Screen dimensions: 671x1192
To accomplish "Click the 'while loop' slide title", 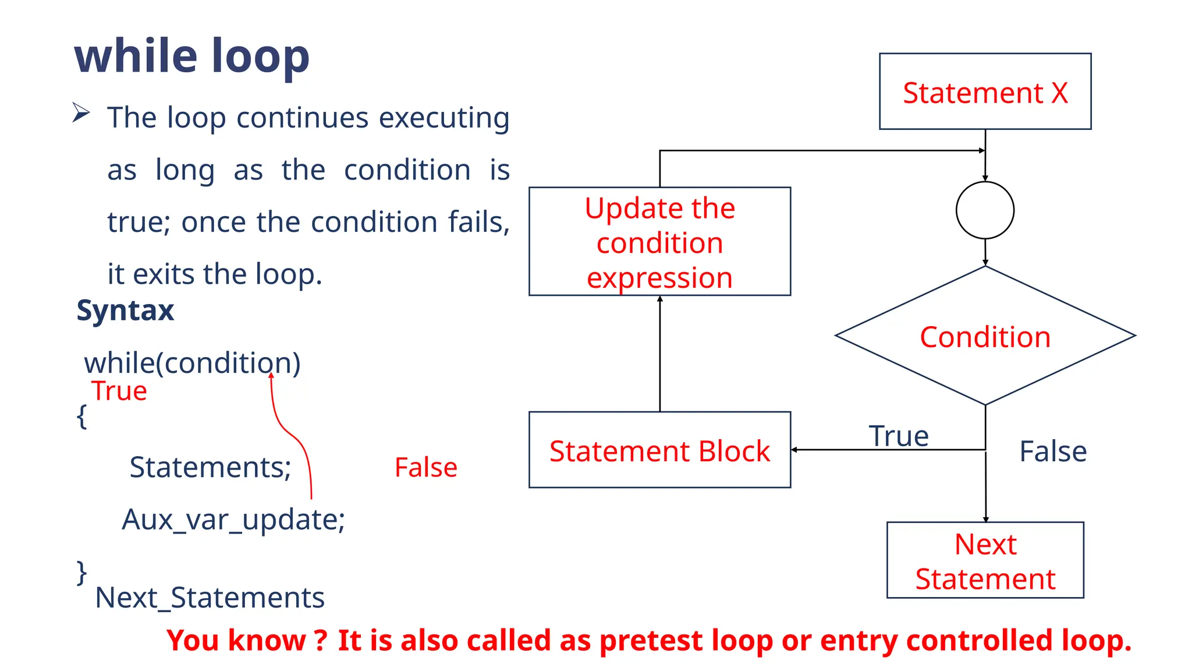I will click(192, 56).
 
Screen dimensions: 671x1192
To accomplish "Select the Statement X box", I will click(985, 92).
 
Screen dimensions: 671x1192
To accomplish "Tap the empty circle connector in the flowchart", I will click(985, 210).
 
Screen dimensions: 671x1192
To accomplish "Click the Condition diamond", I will click(985, 337).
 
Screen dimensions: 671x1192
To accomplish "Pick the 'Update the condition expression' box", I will click(659, 242).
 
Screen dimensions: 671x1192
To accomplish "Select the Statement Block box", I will click(659, 450).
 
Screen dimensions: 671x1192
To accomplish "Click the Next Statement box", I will click(985, 560).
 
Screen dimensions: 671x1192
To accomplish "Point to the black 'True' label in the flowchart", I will click(898, 436).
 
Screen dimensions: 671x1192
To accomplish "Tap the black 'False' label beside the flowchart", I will click(1052, 451).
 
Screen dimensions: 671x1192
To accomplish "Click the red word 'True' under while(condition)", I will click(119, 391).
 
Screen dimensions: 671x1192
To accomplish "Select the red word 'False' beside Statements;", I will click(425, 467).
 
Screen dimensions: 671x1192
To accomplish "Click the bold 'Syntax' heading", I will click(125, 310).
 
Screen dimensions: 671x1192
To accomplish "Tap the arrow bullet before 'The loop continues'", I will click(81, 112).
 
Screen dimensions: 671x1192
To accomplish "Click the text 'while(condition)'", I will click(192, 363).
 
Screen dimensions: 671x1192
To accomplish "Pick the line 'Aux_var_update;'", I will click(233, 519).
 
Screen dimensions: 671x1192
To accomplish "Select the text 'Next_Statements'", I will click(210, 598).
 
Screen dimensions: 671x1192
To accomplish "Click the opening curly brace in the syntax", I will click(82, 416).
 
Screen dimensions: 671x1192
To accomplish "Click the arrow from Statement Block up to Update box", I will click(659, 355).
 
